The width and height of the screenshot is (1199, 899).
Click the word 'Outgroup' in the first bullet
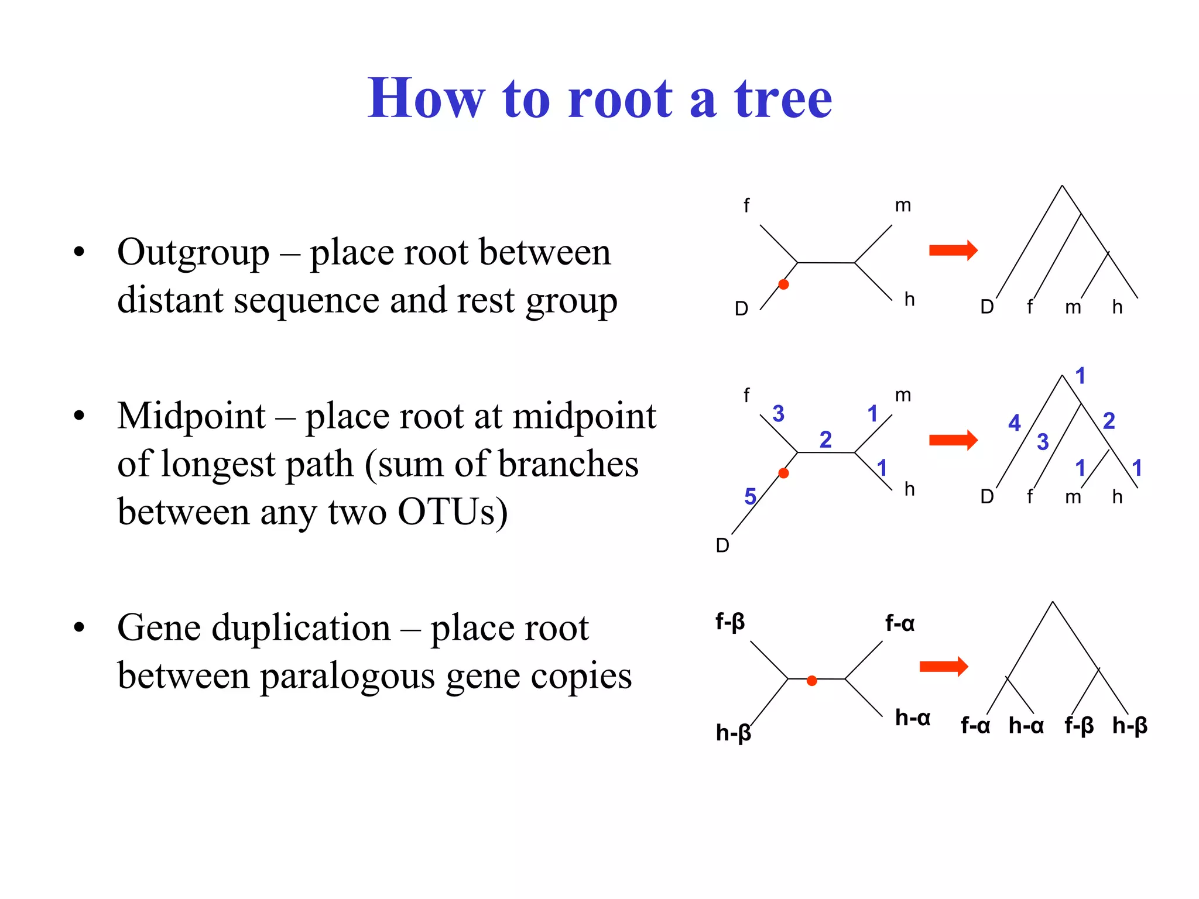tap(193, 252)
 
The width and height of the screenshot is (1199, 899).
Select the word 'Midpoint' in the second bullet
tap(191, 416)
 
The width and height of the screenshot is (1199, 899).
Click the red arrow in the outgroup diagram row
tap(953, 251)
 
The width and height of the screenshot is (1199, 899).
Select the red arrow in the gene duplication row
tap(944, 666)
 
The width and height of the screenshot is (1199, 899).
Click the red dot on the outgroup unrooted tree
tap(783, 284)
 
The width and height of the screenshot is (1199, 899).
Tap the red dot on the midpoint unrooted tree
tap(783, 473)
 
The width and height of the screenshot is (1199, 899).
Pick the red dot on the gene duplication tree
tap(811, 680)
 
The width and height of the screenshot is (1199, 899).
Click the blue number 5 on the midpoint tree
tap(750, 497)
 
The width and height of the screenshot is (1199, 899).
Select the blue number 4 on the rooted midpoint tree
tap(1014, 423)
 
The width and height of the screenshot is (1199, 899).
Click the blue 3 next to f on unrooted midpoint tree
tap(778, 414)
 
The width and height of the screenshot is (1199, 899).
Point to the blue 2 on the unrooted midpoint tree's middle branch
tap(825, 439)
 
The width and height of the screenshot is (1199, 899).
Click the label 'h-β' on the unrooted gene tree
tap(733, 732)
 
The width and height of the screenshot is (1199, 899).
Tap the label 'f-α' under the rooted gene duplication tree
tap(975, 726)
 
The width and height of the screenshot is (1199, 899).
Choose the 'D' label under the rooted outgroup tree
tap(987, 307)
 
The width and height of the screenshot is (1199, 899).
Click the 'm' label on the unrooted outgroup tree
tap(903, 205)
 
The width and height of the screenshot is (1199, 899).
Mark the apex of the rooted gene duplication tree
tap(1053, 602)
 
